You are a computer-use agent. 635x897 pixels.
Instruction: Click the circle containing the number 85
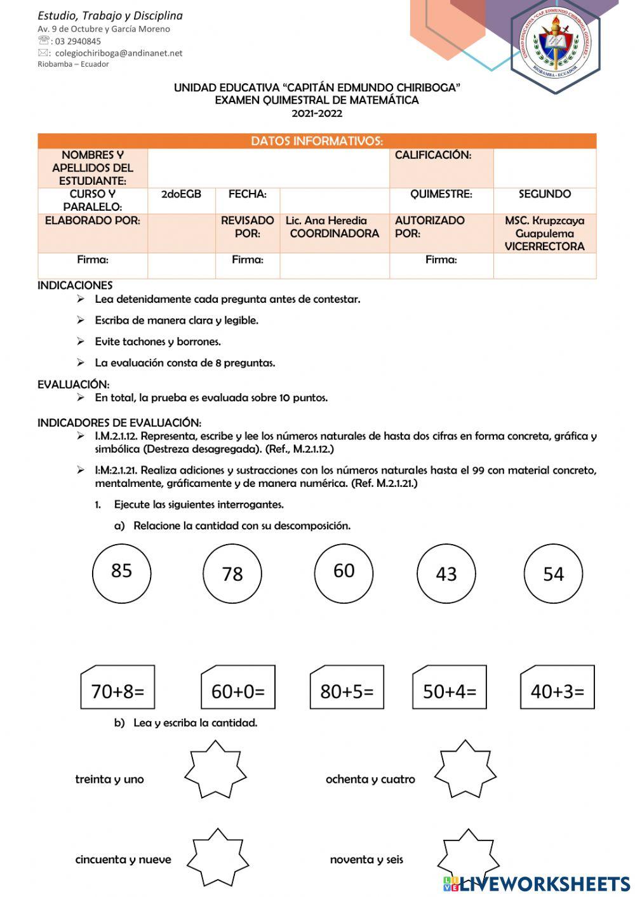point(121,573)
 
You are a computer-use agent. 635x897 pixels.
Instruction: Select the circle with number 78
point(232,574)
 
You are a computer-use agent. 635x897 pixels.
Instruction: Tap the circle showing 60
point(344,573)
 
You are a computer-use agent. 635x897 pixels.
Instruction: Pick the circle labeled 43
point(446,574)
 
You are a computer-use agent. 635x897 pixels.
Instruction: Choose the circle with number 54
point(553,574)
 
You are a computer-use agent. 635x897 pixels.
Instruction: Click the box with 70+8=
point(117,688)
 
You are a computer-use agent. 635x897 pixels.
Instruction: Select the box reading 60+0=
point(237,688)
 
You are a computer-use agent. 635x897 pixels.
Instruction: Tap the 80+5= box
point(347,688)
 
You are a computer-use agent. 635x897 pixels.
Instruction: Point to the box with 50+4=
point(450,688)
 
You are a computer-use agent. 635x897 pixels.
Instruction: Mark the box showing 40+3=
point(557,688)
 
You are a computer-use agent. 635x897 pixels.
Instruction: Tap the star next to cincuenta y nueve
point(217,858)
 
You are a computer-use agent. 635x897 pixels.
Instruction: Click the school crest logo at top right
point(556,44)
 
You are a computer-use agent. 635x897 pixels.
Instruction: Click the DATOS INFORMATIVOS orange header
point(317,141)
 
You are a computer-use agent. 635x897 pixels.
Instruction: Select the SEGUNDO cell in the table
point(544,194)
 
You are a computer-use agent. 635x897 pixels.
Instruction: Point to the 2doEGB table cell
point(181,194)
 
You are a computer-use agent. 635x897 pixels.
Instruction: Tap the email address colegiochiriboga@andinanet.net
point(118,53)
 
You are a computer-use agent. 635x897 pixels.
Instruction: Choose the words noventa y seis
point(366,860)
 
